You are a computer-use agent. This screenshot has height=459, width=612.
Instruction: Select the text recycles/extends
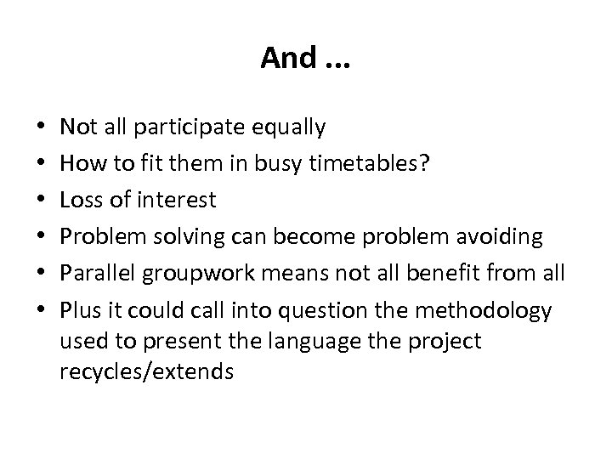pos(146,372)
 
